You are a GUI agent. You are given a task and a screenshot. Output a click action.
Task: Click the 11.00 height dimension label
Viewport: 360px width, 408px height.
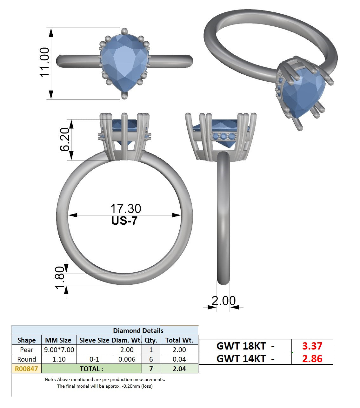point(44,62)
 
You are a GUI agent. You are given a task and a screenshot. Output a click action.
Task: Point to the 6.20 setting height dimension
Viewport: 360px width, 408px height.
point(65,139)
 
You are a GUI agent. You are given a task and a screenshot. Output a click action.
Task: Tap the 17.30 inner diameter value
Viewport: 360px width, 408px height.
point(126,208)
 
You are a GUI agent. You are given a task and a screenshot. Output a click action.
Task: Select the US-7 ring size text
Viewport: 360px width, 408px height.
point(124,221)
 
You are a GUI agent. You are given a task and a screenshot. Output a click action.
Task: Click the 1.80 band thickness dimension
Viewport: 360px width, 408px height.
point(60,278)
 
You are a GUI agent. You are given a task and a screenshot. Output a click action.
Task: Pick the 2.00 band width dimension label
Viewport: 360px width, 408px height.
point(223,301)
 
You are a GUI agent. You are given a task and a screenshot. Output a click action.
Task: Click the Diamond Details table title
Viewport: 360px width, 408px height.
point(138,330)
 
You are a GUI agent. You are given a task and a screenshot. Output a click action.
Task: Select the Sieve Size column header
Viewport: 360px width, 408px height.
point(94,340)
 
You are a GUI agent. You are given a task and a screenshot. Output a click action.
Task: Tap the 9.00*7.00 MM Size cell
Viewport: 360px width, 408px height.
point(59,350)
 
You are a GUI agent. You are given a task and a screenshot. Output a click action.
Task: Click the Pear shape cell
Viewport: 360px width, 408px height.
point(27,350)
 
